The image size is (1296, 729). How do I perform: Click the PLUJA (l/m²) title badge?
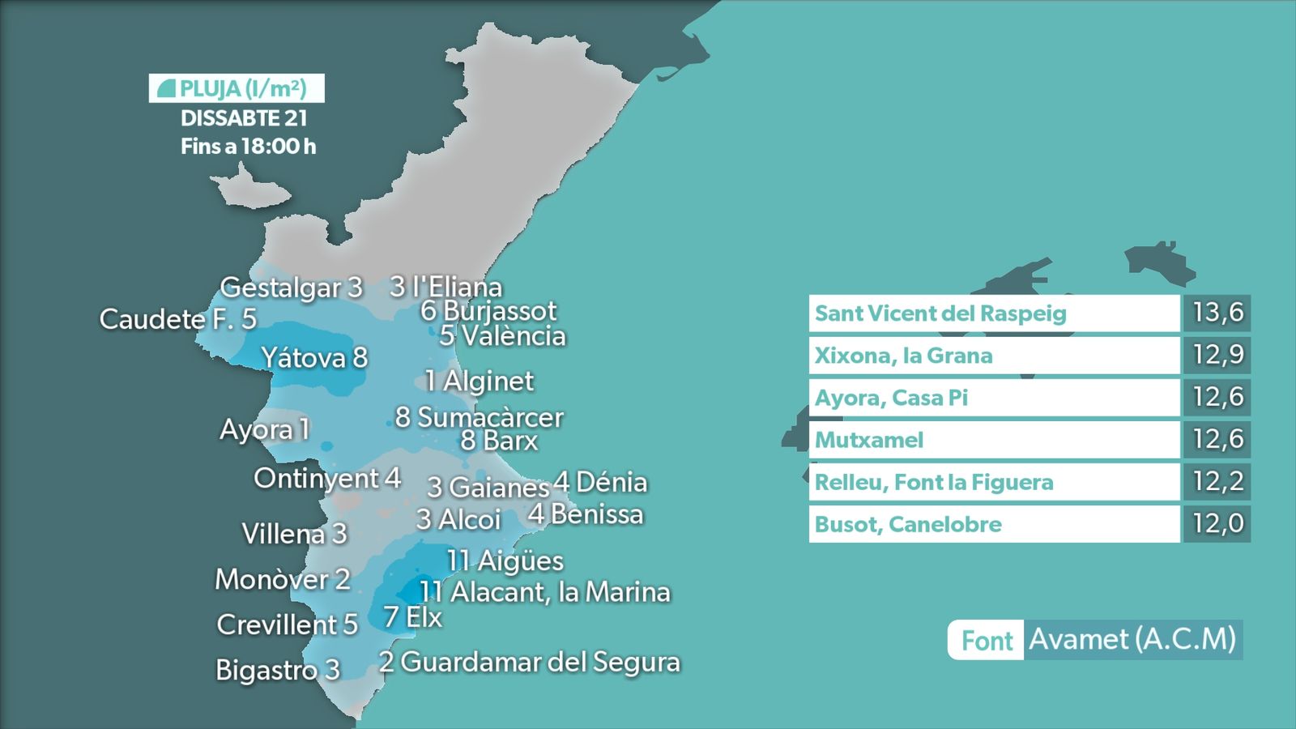pyautogui.click(x=237, y=88)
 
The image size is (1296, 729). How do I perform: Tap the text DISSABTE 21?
pyautogui.click(x=244, y=118)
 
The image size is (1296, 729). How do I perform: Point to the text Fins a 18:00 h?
pyautogui.click(x=248, y=147)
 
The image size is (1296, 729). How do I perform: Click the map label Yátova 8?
pyautogui.click(x=314, y=357)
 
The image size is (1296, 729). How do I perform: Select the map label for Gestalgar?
pyautogui.click(x=291, y=288)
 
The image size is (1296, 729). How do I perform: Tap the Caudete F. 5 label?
pyautogui.click(x=177, y=319)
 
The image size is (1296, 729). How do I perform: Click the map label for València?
pyautogui.click(x=502, y=336)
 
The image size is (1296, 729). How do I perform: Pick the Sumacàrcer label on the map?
pyautogui.click(x=479, y=417)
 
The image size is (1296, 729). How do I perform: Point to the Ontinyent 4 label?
pyautogui.click(x=327, y=479)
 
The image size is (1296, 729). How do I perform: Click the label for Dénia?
pyautogui.click(x=600, y=483)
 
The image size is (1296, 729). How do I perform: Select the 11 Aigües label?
pyautogui.click(x=505, y=561)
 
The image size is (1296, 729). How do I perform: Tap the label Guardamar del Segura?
pyautogui.click(x=529, y=662)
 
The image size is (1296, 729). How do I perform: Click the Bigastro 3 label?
pyautogui.click(x=277, y=670)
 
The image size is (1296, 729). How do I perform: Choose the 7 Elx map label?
pyautogui.click(x=413, y=617)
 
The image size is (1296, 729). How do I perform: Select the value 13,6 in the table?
pyautogui.click(x=1217, y=313)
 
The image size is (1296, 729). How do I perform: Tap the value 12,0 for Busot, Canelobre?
pyautogui.click(x=1217, y=523)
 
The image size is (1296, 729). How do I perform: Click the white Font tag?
pyautogui.click(x=987, y=641)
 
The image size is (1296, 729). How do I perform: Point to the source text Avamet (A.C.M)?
pyautogui.click(x=1132, y=639)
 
